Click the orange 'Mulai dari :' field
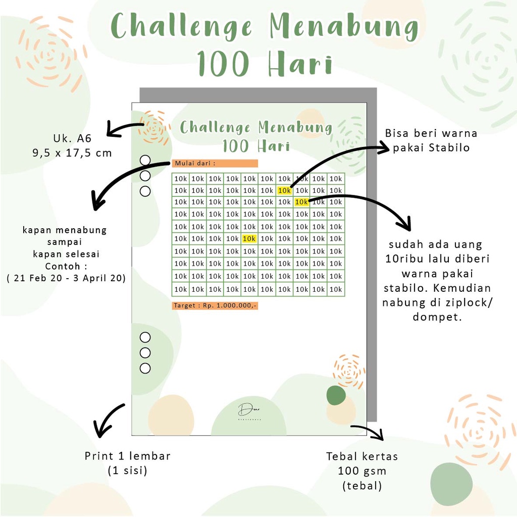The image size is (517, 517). pos(215,163)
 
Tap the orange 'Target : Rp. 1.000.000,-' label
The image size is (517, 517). pos(215,305)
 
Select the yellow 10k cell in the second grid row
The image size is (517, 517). pos(284,190)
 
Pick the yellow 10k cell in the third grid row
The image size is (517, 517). pos(301,202)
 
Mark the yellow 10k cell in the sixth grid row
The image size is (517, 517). pos(249,239)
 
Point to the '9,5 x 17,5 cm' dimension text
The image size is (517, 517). pos(72,152)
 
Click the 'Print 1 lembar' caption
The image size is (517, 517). pos(127,456)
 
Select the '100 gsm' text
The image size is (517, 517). pos(362,471)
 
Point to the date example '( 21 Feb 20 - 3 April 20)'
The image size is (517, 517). pos(66,278)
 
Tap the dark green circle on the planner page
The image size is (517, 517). pos(336,395)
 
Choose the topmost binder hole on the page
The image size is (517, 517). pos(145,160)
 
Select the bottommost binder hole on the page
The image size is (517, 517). pos(145,368)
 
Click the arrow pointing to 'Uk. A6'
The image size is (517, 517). pos(118,130)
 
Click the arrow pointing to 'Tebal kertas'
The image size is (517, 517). pos(369,432)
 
